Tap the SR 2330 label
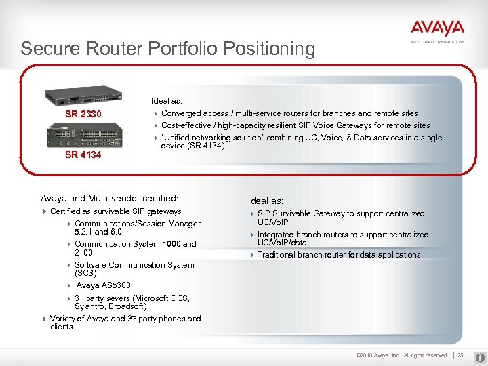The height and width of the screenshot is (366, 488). click(83, 114)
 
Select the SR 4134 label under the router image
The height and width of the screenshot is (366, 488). click(83, 155)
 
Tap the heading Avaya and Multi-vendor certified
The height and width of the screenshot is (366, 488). click(109, 199)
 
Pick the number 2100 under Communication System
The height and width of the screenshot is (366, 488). click(84, 253)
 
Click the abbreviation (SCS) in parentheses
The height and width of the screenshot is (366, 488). click(86, 273)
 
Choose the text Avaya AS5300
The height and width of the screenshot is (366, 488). click(104, 285)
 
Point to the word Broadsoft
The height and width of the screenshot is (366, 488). click(129, 306)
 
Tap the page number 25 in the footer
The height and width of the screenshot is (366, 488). click(460, 355)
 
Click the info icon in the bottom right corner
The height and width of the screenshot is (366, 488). click(479, 355)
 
